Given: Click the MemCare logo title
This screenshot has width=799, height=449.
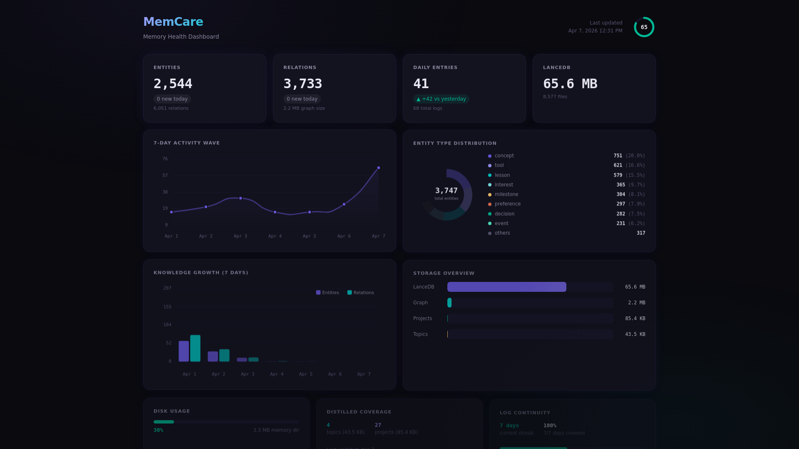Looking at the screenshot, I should tap(173, 22).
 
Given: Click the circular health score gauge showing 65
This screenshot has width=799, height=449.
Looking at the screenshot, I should tap(644, 27).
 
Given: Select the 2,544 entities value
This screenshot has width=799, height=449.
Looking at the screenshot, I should tap(173, 84).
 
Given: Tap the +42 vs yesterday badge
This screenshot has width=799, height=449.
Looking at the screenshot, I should tap(441, 99).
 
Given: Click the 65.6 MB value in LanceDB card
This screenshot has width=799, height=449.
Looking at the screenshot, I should tap(570, 84).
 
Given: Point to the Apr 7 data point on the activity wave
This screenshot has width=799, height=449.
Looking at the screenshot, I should tap(378, 168).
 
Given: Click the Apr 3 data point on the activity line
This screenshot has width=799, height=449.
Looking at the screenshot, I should tap(241, 198).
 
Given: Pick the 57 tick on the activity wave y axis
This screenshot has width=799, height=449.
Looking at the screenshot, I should tap(165, 175).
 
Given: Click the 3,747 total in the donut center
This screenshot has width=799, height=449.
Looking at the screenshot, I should tap(446, 191).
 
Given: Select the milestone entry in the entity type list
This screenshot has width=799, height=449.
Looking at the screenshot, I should tap(506, 194).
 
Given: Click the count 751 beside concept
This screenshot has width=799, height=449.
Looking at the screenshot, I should tap(618, 155).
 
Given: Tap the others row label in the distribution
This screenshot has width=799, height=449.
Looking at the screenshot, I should tap(502, 233).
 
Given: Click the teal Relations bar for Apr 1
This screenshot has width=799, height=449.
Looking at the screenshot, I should tap(195, 348).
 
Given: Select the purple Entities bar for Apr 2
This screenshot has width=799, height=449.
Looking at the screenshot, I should tap(213, 356).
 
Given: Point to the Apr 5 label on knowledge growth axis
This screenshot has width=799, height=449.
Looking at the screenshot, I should tap(305, 374).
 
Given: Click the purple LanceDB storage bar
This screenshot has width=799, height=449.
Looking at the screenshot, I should tap(506, 287).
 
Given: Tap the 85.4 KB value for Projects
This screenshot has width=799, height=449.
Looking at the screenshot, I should tap(635, 318).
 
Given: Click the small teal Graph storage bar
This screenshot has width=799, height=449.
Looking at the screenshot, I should tap(449, 303).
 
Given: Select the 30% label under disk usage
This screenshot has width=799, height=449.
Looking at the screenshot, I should tap(158, 430).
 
